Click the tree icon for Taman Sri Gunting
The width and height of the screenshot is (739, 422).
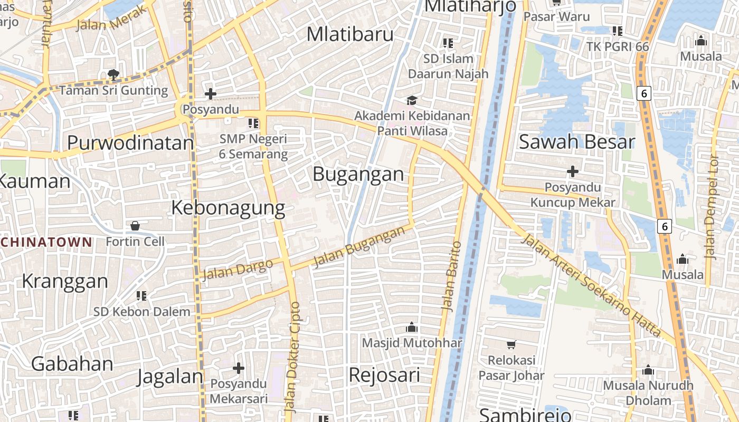[113, 75]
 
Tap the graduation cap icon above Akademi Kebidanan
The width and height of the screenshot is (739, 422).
[411, 100]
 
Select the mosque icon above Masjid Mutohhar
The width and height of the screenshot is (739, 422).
[412, 328]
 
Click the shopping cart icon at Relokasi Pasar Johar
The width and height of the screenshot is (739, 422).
[511, 345]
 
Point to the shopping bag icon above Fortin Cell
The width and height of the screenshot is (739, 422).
[135, 226]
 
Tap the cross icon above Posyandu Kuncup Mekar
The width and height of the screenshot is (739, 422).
[573, 171]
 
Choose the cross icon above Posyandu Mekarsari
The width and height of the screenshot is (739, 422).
[239, 368]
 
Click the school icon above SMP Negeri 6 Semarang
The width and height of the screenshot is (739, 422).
[253, 123]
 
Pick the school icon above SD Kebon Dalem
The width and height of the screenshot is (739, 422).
[141, 296]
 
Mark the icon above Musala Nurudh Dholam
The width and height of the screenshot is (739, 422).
[648, 370]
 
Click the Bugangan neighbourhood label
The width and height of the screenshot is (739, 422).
[358, 174]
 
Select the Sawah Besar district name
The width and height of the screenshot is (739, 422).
[576, 141]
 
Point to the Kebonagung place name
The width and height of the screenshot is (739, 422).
[228, 208]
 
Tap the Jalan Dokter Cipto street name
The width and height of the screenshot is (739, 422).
[292, 357]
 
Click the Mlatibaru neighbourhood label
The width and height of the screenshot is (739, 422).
[350, 34]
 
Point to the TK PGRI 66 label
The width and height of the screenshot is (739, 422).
[618, 46]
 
